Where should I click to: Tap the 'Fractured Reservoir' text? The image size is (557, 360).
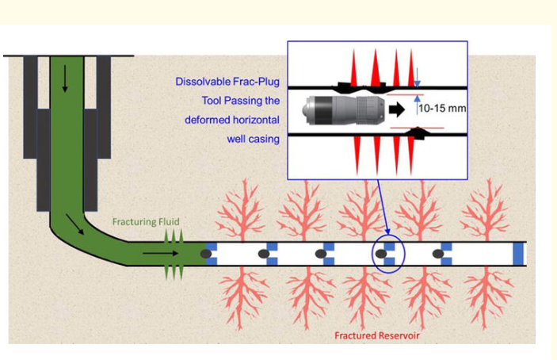(x=376, y=335)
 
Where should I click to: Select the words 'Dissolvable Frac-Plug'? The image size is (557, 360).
(x=228, y=82)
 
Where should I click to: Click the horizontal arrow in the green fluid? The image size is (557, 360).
(x=159, y=253)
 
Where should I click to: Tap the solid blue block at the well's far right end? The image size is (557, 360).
(x=519, y=253)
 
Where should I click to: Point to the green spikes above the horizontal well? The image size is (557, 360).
(x=173, y=236)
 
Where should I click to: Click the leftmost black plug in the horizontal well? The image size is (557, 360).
(x=207, y=253)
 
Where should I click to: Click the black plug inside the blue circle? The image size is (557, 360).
(x=381, y=254)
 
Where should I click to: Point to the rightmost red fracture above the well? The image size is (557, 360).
(x=485, y=210)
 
